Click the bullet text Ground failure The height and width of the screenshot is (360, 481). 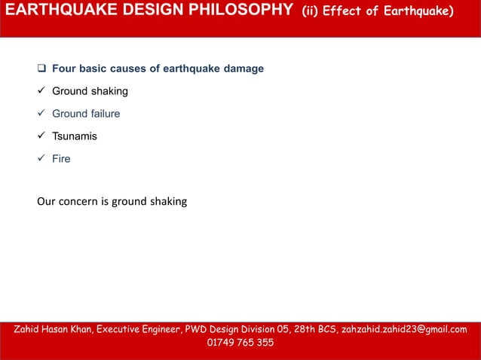pyautogui.click(x=86, y=114)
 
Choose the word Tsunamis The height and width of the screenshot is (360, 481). pyautogui.click(x=74, y=137)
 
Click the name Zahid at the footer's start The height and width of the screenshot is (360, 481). pyautogui.click(x=29, y=330)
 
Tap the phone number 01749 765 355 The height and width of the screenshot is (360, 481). pyautogui.click(x=240, y=343)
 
